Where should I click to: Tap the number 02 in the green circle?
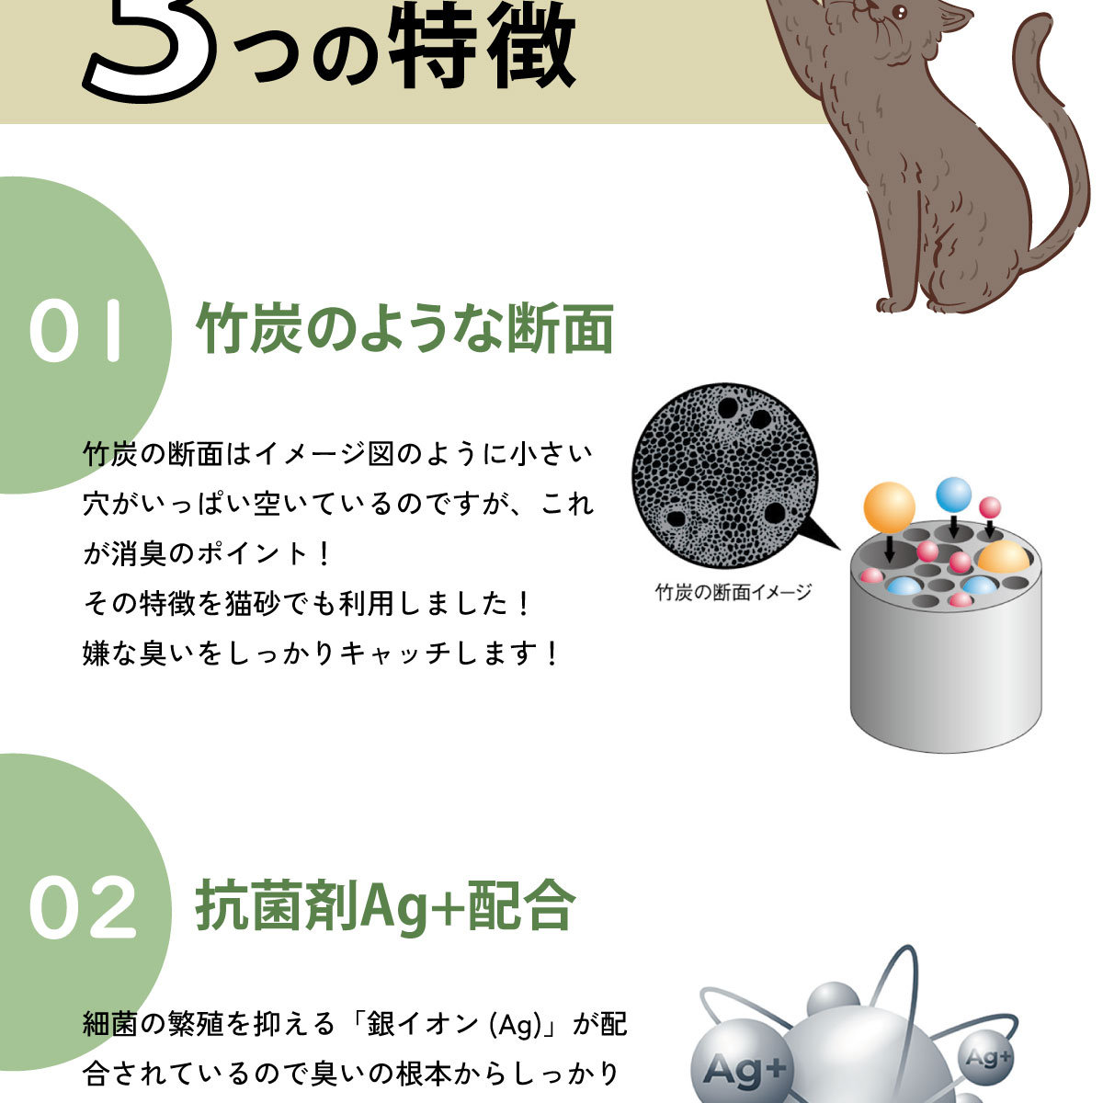pyautogui.click(x=83, y=908)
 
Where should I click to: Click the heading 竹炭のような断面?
pyautogui.click(x=404, y=329)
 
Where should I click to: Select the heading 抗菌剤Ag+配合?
pyautogui.click(x=385, y=906)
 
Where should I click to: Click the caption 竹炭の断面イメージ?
pyautogui.click(x=733, y=593)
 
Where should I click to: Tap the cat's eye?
pyautogui.click(x=899, y=13)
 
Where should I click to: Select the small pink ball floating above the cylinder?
pyautogui.click(x=989, y=507)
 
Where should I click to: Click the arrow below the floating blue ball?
pyautogui.click(x=954, y=527)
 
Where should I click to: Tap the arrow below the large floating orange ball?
pyautogui.click(x=890, y=550)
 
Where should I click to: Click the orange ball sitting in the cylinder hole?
pyautogui.click(x=1002, y=558)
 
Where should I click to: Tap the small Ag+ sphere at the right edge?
pyautogui.click(x=987, y=1059)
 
